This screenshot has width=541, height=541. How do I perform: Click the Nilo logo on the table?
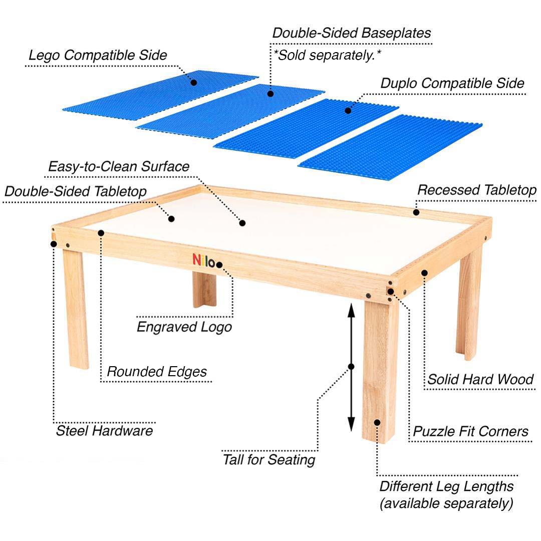point(204,259)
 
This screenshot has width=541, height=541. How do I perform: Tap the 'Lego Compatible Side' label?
point(97,55)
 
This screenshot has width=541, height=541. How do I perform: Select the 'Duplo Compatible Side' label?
point(452,83)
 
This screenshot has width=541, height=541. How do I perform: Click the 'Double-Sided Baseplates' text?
point(351,33)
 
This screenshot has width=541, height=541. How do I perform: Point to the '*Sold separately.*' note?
point(327,55)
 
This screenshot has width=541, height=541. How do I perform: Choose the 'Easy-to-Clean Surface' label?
point(119,166)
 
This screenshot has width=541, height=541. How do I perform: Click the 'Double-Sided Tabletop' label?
point(75,191)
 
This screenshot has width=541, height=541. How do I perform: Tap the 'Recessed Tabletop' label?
point(476,190)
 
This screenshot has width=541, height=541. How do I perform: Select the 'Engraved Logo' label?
point(184,327)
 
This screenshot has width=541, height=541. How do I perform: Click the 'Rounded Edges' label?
point(157,372)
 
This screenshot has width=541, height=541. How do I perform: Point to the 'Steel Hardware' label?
point(104,430)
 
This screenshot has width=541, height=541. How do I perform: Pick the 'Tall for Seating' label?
point(269,459)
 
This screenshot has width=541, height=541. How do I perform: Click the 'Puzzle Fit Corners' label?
point(470,431)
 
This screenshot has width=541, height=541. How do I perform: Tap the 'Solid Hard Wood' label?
point(480,379)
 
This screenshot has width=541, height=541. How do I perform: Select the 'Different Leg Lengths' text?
point(446,486)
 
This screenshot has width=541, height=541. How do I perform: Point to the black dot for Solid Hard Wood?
point(424,273)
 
